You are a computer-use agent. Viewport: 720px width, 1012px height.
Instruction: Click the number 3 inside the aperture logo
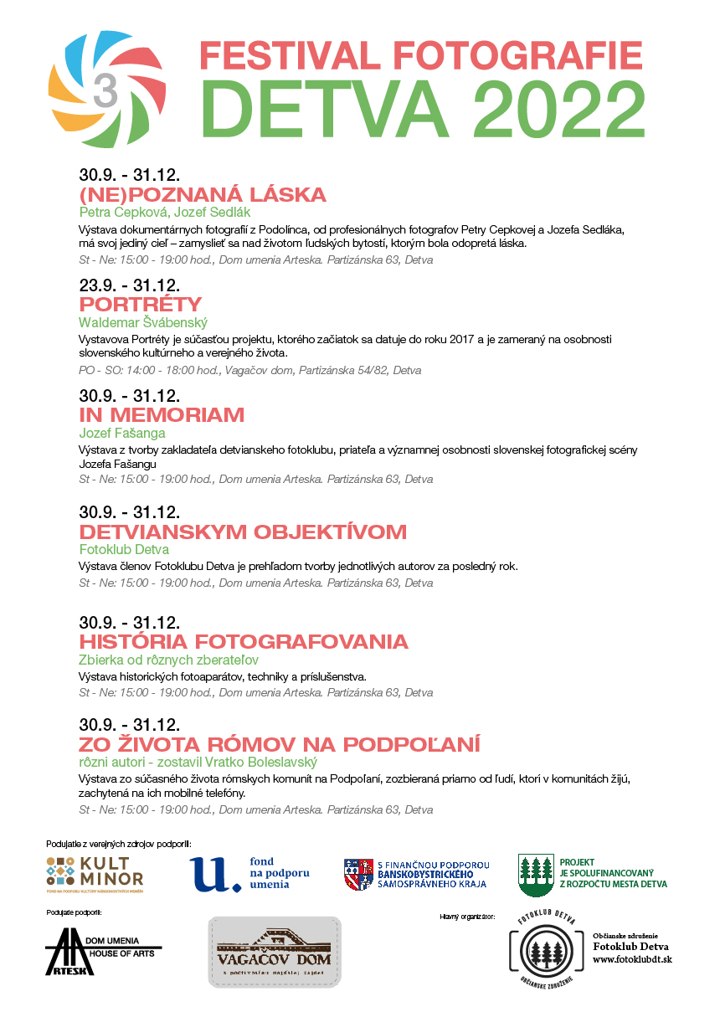pos(105,90)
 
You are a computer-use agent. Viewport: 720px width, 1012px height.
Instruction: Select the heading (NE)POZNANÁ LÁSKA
pos(203,196)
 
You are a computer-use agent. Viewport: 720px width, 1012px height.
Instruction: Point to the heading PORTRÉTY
pos(141,304)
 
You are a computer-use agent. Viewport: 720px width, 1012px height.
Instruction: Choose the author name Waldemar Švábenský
pos(143,322)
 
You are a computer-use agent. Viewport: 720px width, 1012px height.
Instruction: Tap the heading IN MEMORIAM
pos(162,415)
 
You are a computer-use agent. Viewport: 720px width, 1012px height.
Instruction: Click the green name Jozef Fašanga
pos(122,433)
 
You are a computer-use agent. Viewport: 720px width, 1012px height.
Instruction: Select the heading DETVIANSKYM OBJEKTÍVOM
pos(243,532)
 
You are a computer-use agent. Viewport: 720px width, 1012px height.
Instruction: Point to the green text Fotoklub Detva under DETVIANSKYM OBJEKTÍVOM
pos(124,550)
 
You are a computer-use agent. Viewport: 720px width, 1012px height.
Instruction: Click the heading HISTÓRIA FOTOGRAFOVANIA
pos(244,642)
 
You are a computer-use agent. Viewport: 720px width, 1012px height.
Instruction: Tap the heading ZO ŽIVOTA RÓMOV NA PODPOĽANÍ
pos(280,745)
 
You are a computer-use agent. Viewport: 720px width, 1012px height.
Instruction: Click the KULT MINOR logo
pos(95,874)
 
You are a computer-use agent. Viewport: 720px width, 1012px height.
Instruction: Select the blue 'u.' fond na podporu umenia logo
pos(249,874)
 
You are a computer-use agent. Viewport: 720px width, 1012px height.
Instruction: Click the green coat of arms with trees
pos(535,873)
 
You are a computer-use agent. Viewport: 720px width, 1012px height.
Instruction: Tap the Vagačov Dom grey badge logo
pos(275,953)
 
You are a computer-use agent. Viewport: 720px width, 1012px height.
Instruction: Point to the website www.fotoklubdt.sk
pos(632,959)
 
